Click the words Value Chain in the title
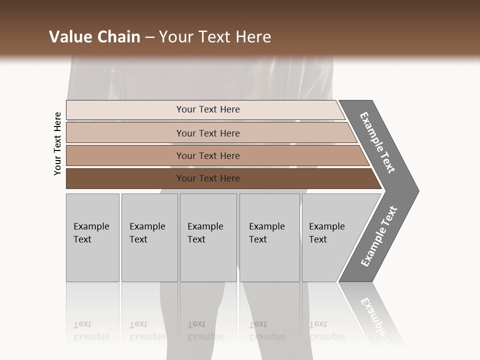[x=94, y=37]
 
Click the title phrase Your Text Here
[x=215, y=37]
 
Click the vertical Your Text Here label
[x=57, y=144]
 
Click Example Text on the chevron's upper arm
[x=377, y=142]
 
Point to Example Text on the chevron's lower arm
[x=379, y=236]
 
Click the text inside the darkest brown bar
[x=208, y=178]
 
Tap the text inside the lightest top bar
[x=208, y=109]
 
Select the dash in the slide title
[x=149, y=37]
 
